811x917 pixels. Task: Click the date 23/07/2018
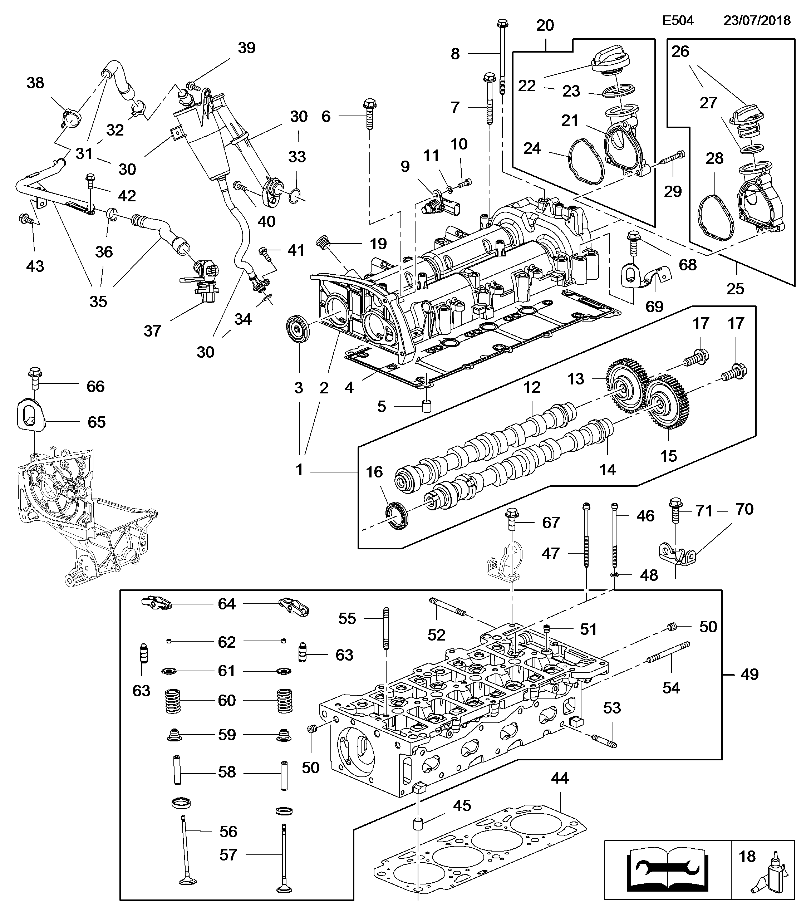pyautogui.click(x=757, y=21)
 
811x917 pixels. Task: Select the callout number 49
pyautogui.click(x=749, y=686)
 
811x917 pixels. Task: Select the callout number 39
pyautogui.click(x=247, y=48)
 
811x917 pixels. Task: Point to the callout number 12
pyautogui.click(x=532, y=387)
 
